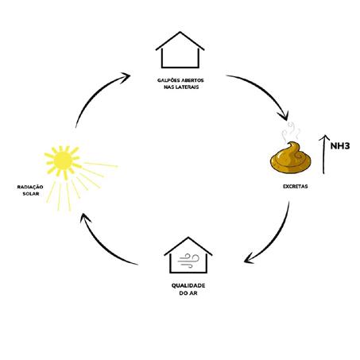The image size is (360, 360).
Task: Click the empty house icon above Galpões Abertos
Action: (x=180, y=50)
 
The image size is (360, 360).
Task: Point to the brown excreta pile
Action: (x=291, y=158)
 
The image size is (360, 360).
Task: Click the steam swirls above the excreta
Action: (x=292, y=131)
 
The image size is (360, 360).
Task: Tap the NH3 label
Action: (x=340, y=146)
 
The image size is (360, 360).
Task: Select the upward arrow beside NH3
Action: (x=323, y=155)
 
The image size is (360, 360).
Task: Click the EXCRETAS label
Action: (x=296, y=187)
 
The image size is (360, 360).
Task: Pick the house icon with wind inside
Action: (x=188, y=255)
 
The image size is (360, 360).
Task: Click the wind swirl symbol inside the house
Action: (x=188, y=261)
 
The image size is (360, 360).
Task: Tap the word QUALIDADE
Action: (x=188, y=285)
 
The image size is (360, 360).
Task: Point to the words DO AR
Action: (x=188, y=293)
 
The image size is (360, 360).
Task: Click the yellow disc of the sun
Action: (x=63, y=160)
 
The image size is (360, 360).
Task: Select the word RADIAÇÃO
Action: (x=30, y=187)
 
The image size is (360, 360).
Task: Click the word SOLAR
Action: (x=31, y=194)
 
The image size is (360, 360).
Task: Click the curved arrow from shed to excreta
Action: (x=263, y=91)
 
